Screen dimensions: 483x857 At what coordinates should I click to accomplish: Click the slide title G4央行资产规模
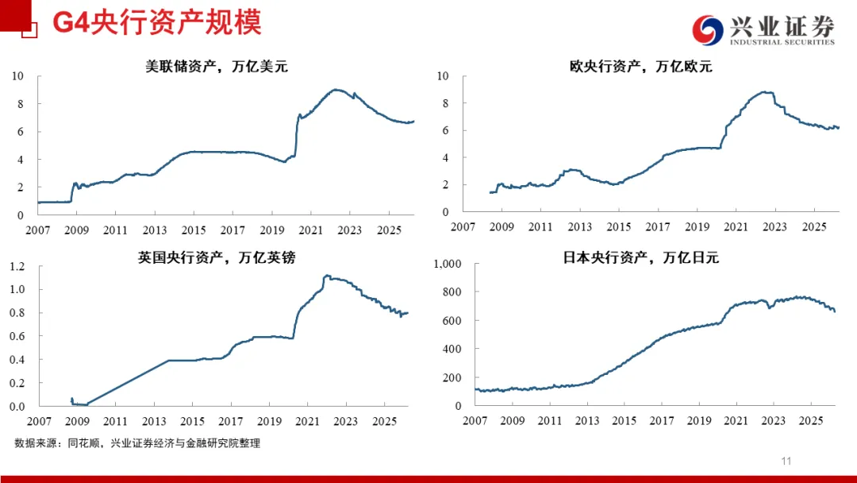(x=156, y=23)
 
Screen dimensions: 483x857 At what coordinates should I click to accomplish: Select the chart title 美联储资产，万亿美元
(x=216, y=67)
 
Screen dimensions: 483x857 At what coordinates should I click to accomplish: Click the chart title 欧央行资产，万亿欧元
(x=641, y=67)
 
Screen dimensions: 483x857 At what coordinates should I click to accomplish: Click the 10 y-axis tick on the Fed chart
(x=17, y=76)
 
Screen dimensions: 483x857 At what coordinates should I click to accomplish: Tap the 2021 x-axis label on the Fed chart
(x=310, y=230)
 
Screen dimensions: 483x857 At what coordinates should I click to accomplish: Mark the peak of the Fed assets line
(x=336, y=90)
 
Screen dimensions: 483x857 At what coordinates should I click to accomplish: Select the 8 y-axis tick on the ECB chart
(x=445, y=103)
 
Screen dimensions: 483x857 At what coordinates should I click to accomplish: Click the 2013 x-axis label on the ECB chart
(x=579, y=227)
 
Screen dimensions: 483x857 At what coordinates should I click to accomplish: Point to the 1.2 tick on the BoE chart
(x=17, y=266)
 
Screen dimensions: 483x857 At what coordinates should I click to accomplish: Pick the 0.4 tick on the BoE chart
(x=17, y=360)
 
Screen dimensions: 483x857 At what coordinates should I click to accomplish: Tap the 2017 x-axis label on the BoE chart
(x=231, y=421)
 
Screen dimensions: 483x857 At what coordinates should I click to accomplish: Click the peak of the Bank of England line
(x=327, y=276)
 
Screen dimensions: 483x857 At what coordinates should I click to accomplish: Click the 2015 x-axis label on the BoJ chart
(x=624, y=421)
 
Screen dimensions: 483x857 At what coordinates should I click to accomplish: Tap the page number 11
(x=786, y=462)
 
